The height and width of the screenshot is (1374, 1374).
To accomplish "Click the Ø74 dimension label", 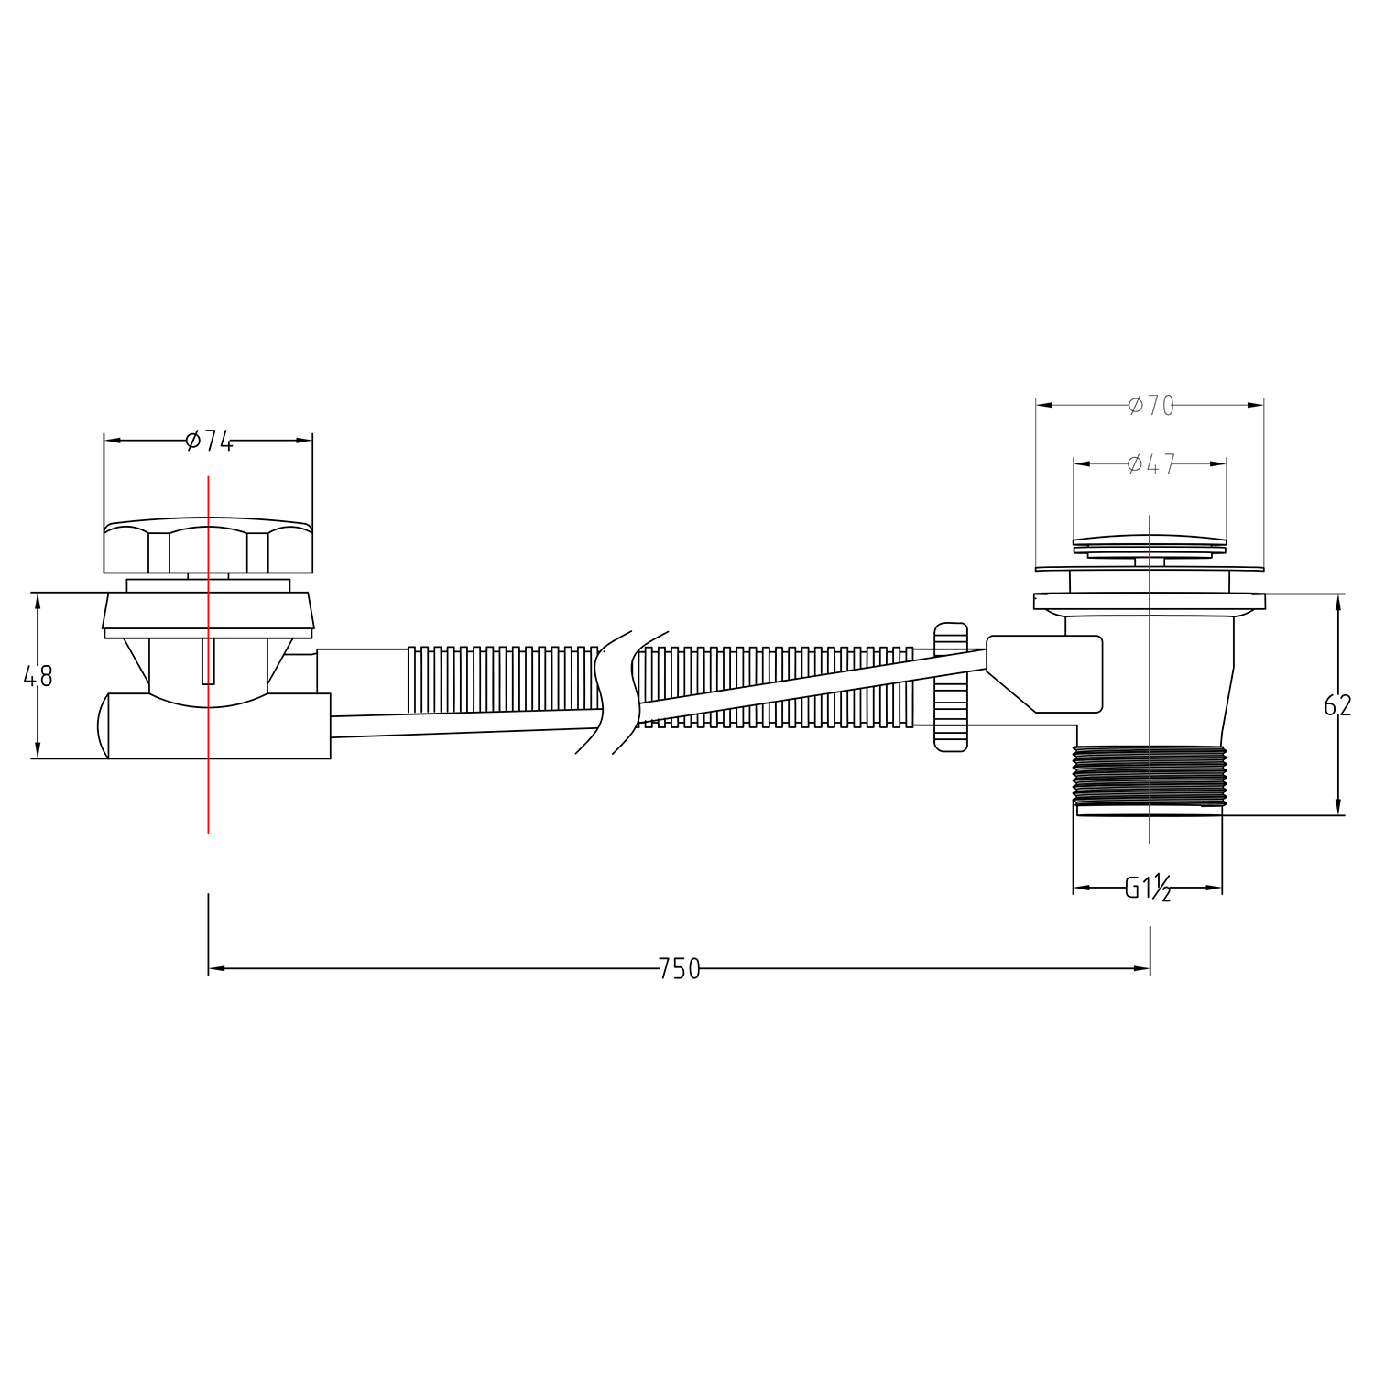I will (x=208, y=441).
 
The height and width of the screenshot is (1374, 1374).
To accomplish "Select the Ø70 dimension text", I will (x=1150, y=406).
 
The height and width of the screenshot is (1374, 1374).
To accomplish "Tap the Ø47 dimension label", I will (x=1150, y=464).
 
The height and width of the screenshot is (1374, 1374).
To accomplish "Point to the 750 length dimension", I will (x=679, y=968).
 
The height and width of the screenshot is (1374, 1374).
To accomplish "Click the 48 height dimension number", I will (x=38, y=676).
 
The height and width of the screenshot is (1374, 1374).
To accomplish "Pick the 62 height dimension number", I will (x=1337, y=704).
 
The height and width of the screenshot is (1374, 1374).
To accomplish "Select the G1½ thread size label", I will (x=1148, y=888).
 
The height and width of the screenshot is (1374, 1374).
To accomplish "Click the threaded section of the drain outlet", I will (x=1148, y=774).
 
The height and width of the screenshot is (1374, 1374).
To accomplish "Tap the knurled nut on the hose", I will (x=950, y=687).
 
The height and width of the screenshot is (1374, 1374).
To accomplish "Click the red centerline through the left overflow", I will (x=209, y=788).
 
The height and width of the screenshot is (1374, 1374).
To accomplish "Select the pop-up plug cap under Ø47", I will (x=1150, y=541).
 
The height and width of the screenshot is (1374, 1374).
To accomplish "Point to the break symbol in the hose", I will (x=619, y=692).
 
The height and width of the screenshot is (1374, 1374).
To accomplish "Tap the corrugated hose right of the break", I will (x=779, y=682).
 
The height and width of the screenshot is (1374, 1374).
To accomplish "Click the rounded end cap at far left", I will (x=102, y=725).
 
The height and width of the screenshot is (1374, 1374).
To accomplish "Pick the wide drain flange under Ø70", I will (x=1150, y=602).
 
